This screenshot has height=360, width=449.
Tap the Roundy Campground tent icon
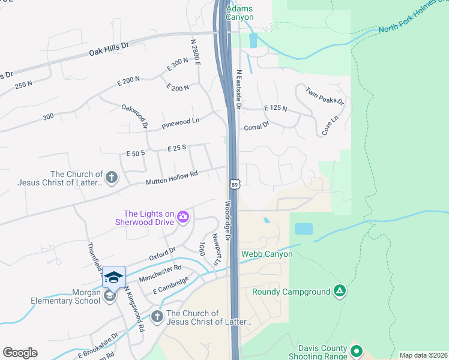coord(340,292)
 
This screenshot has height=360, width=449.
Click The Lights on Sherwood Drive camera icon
coord(183,218)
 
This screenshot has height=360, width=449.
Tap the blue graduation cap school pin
coord(113,277)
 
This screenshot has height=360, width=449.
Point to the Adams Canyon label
coord(240,13)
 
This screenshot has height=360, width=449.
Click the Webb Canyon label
coord(267,254)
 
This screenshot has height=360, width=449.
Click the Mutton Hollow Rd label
coord(172,177)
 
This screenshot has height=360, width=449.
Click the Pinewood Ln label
coord(180,124)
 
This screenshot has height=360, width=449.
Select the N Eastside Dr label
coord(238,89)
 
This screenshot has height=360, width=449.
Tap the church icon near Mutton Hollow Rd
coord(111,178)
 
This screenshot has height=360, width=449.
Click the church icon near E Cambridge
coord(157,316)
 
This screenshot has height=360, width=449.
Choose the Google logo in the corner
coord(20,353)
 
